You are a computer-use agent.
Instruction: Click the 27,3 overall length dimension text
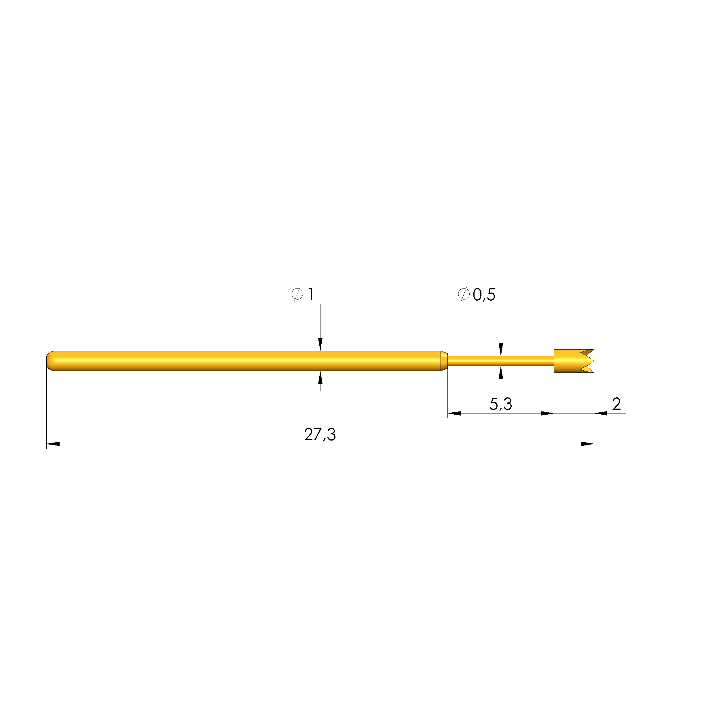pos(320,435)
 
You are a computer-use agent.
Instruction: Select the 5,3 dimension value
pos(500,404)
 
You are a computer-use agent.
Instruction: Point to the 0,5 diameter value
pos(484,295)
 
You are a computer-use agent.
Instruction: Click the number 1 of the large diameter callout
pos(310,295)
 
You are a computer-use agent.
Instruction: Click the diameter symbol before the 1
pos(297,295)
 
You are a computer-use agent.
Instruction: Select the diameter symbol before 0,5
pos(464,295)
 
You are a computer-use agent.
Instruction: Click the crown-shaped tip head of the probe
pos(574,361)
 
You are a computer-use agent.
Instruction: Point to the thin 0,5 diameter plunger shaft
pos(500,361)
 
